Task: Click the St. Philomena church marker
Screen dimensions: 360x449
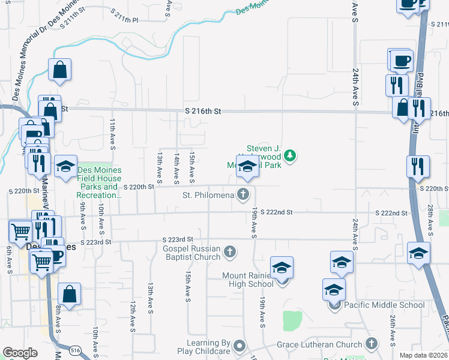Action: point(243,193)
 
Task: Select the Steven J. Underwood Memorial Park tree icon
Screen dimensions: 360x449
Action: point(291,156)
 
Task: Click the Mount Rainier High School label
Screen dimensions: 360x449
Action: point(248,280)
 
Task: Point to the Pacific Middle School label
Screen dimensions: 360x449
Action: point(385,305)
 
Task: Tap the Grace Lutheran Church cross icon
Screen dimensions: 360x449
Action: point(372,344)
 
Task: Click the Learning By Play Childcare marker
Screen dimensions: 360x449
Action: point(240,346)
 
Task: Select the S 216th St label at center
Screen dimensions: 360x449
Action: point(203,112)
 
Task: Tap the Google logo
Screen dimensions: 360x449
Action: point(20,353)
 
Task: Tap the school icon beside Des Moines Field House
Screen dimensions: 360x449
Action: point(65,167)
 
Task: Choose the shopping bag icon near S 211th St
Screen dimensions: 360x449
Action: point(60,70)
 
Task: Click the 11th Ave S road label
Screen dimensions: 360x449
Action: point(112,134)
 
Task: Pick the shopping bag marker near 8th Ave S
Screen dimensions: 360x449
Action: point(69,295)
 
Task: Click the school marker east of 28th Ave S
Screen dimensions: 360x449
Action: point(418,253)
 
